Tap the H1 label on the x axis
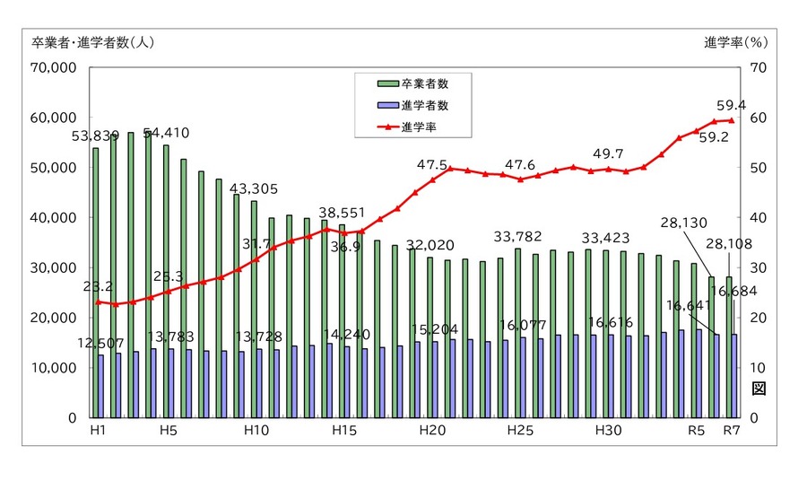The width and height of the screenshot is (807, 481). (x=98, y=432)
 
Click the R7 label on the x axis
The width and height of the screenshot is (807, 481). (x=733, y=432)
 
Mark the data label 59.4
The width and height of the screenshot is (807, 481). (x=735, y=105)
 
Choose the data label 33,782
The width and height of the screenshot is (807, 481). (x=520, y=237)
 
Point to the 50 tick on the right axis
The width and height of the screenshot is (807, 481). (x=758, y=168)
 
